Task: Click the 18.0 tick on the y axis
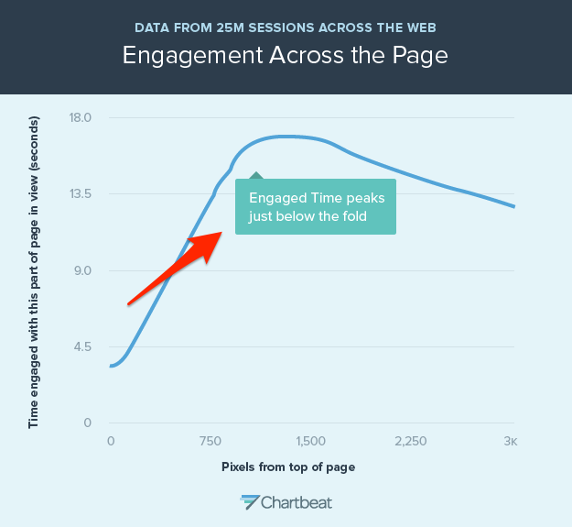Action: [82, 117]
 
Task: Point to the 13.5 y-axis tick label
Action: [82, 193]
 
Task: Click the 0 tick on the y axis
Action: [88, 423]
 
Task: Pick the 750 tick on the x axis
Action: [210, 441]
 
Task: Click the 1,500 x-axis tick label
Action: [310, 441]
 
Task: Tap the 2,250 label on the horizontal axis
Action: [411, 441]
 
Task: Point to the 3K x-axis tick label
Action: [510, 441]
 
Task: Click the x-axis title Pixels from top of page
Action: [287, 467]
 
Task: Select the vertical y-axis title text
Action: [34, 272]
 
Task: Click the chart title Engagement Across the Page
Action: [286, 55]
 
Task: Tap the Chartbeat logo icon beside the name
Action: [249, 501]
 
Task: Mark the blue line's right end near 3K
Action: [514, 206]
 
